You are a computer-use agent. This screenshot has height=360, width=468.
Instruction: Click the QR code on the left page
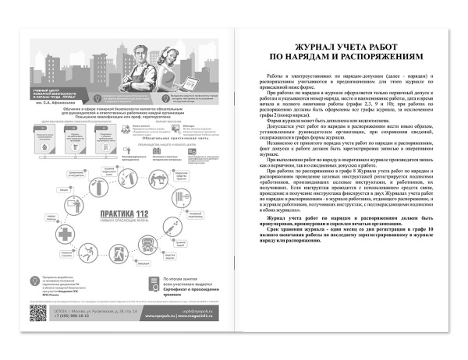(38, 313)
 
